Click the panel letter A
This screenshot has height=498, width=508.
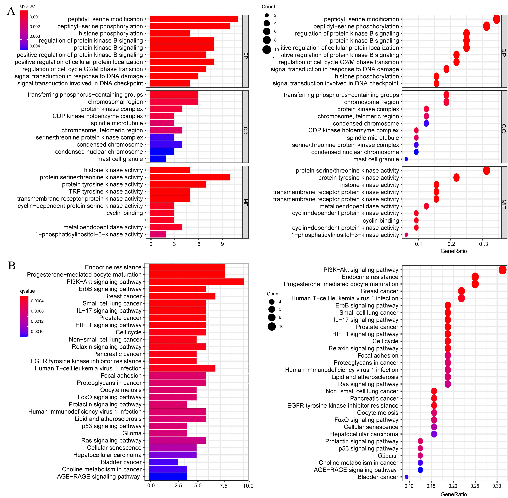click(11, 11)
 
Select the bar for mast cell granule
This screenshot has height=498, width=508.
click(158, 159)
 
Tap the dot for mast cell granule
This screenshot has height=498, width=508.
click(406, 159)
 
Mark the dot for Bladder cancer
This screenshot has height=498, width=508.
click(407, 477)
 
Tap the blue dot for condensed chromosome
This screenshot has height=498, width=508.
click(426, 123)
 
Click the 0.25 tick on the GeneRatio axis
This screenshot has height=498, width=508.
click(475, 486)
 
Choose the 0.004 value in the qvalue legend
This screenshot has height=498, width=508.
click(35, 46)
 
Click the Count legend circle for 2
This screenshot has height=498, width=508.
click(267, 15)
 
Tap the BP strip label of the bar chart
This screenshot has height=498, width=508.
click(245, 55)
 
